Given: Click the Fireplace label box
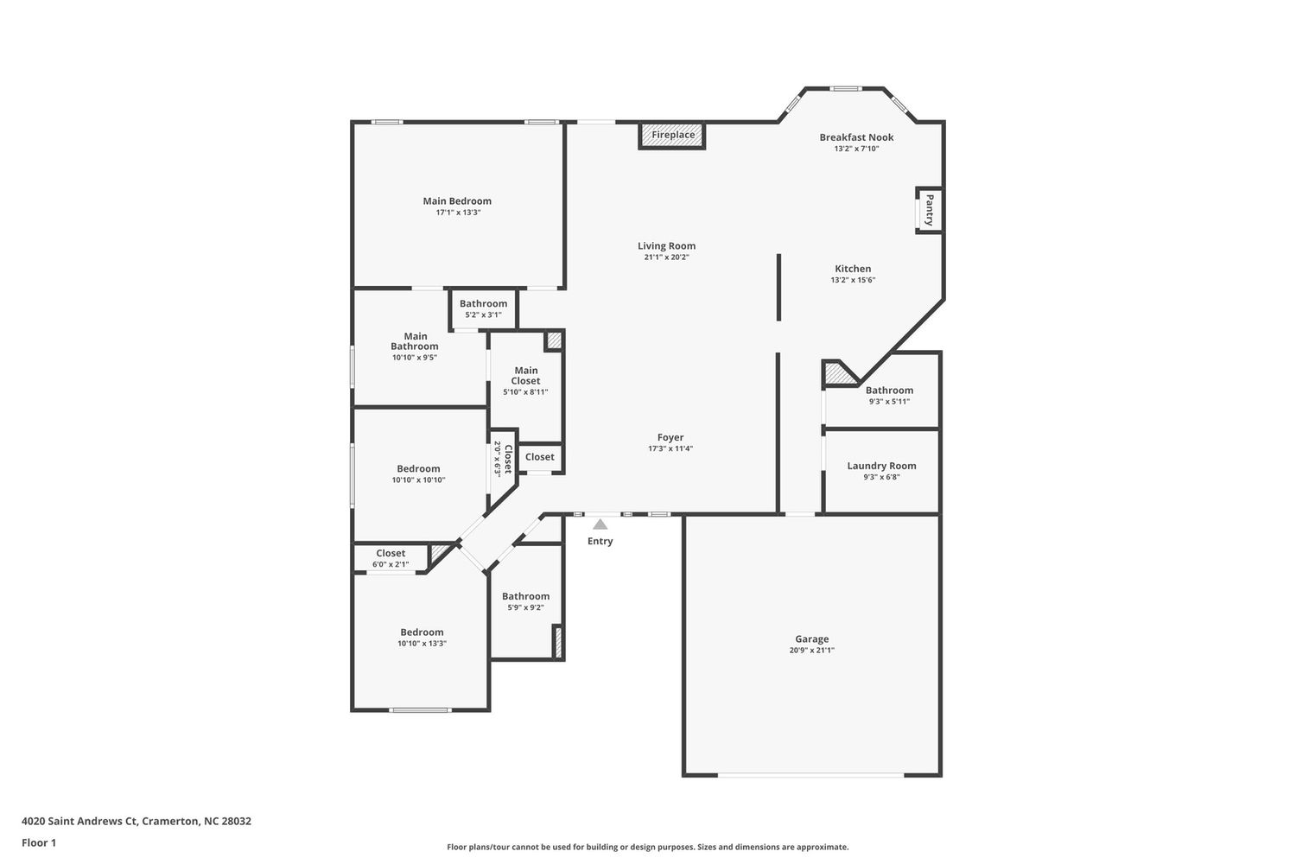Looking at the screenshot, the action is coord(672,136).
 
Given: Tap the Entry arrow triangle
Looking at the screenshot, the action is coord(600,524).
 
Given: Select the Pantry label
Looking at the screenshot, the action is coord(929,210).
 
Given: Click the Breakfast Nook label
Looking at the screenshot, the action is coord(856,137).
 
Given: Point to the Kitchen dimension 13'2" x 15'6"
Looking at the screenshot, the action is coord(853,280).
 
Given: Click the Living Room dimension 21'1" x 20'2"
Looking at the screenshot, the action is coord(666,257).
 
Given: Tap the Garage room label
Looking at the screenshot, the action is coord(812,638).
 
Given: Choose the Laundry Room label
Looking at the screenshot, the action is coord(882,466).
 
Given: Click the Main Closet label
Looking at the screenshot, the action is coord(526,376).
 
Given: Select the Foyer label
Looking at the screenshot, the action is coord(670,437).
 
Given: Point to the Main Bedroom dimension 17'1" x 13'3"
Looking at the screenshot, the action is coord(458,213).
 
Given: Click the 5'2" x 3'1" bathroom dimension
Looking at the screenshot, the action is coord(483,314).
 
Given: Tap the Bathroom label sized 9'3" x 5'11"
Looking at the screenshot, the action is coord(889,391).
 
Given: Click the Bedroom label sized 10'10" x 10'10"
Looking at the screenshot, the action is coord(418,469).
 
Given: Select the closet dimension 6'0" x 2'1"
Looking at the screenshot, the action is coord(391,564).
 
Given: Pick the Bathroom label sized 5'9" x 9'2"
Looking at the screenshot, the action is coord(526,596).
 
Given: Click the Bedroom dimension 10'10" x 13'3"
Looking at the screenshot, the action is coord(422,644).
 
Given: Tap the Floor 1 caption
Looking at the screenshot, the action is coord(39,842).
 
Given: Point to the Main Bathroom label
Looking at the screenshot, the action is coord(415,341).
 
